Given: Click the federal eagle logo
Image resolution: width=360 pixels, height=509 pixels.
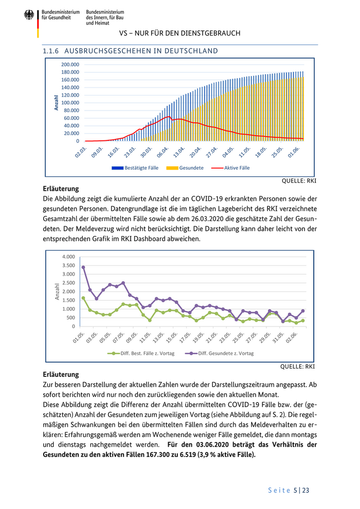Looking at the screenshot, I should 29,15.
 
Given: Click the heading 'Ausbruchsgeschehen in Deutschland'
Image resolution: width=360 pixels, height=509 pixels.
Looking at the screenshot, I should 141,51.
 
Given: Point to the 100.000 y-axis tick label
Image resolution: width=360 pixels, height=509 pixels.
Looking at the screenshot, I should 70,103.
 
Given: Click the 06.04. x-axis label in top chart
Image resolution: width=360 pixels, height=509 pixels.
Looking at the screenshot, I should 163,153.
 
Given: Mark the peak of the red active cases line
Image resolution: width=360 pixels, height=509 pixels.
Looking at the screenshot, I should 169,117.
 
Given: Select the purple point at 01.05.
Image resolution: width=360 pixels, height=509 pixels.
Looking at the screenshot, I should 83,267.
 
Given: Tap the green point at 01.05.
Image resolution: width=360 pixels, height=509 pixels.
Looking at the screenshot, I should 83,298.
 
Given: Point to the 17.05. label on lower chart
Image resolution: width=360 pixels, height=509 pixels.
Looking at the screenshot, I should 185,339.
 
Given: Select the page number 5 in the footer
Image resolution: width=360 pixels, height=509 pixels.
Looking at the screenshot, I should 295,490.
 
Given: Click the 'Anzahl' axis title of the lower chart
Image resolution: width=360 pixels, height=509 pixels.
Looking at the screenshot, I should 58,292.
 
